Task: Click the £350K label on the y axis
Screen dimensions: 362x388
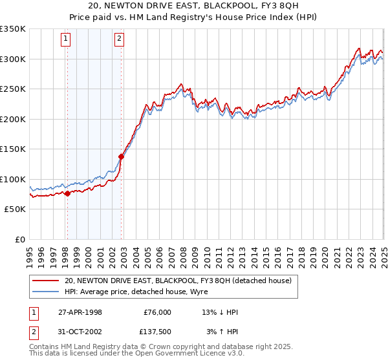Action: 13,29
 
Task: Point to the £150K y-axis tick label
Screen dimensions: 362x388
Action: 13,149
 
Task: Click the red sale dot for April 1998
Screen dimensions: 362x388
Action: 67,193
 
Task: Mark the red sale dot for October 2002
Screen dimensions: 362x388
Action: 121,156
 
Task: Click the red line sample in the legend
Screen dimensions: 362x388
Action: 46,281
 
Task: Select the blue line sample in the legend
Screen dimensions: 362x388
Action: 46,292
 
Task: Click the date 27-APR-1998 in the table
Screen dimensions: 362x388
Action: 80,312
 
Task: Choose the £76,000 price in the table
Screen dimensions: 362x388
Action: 156,312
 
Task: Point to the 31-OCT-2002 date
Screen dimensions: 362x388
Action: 80,332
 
